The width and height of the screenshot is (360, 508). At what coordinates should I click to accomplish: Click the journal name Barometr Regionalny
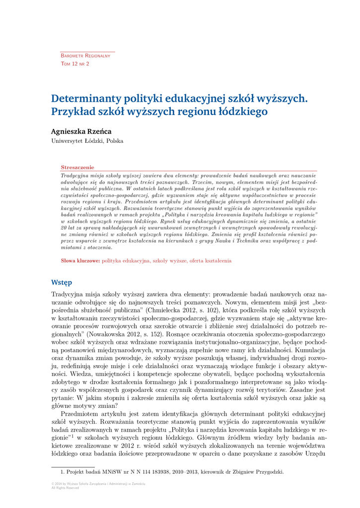click(85, 56)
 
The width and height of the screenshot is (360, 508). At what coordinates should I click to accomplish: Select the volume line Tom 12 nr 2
click(75, 64)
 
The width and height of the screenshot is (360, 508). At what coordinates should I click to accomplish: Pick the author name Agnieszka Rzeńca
click(81, 131)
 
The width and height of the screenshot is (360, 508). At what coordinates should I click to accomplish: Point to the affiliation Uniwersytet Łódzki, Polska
click(87, 141)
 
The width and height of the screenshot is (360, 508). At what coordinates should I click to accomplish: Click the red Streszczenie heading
click(77, 168)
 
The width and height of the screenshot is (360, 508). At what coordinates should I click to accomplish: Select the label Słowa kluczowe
click(80, 260)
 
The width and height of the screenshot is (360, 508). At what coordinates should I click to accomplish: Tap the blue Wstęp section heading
click(62, 282)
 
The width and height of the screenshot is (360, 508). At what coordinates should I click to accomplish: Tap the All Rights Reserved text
click(65, 488)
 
